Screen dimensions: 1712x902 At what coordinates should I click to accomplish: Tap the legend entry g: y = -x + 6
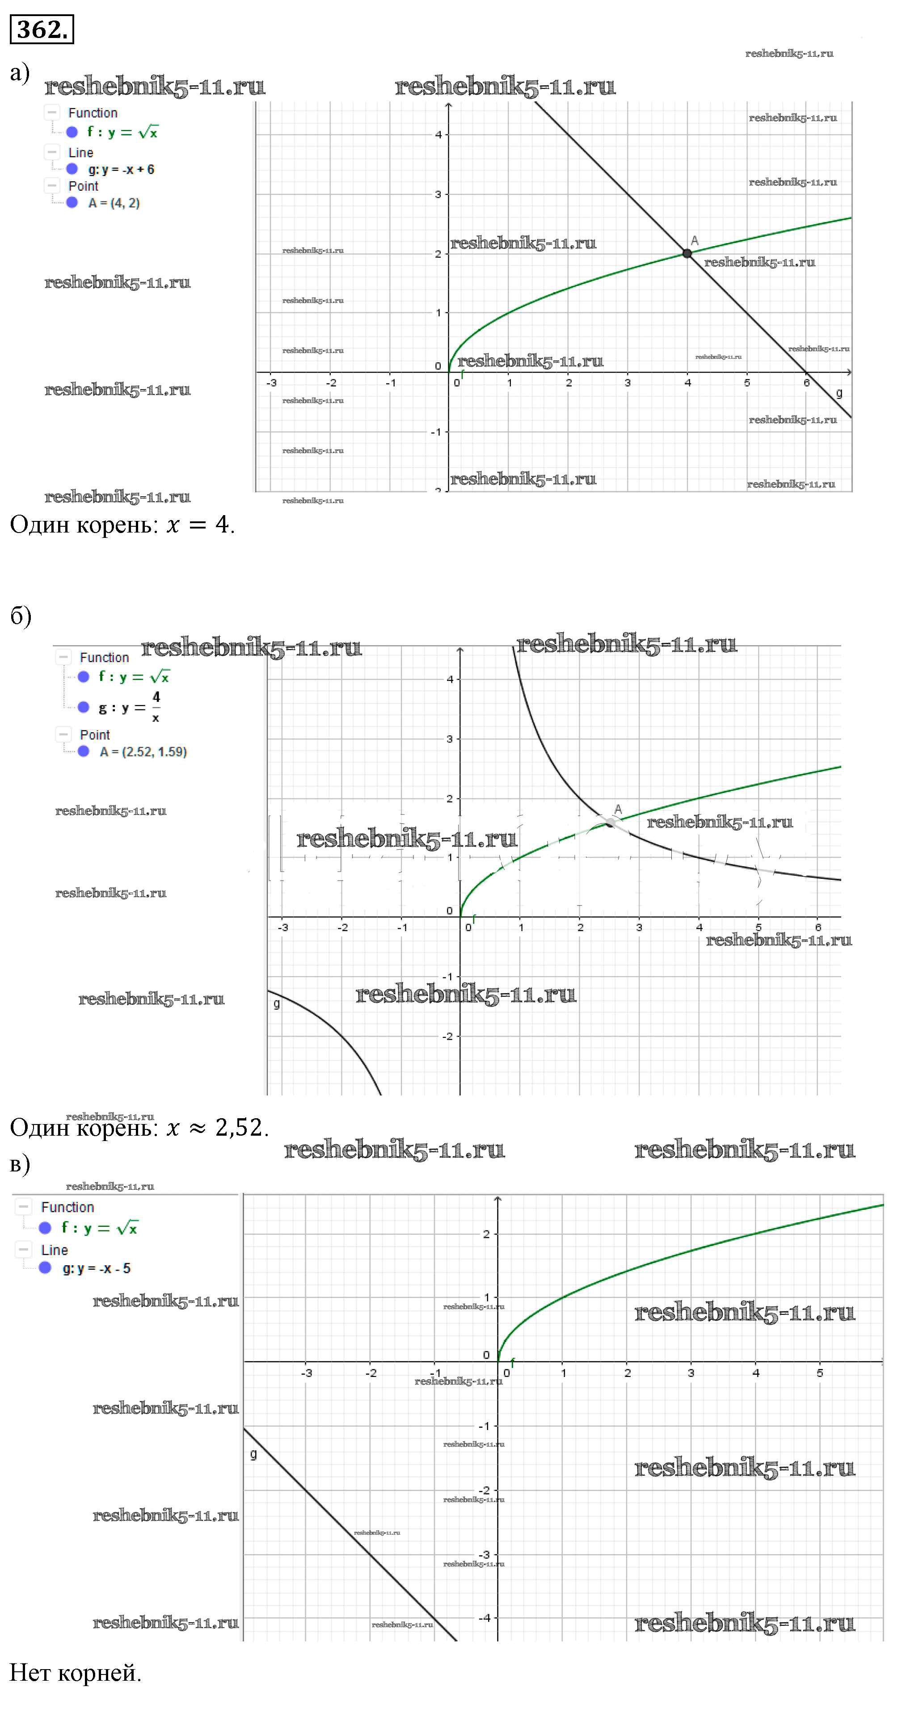pos(121,169)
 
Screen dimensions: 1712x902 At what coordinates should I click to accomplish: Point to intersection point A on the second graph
pos(610,823)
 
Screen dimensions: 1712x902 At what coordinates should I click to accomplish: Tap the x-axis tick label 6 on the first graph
pos(806,383)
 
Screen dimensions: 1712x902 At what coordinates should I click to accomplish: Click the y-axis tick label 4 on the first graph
pos(438,135)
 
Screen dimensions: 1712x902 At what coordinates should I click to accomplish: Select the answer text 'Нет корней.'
pos(75,1673)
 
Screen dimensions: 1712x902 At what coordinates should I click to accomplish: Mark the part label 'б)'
pos(21,616)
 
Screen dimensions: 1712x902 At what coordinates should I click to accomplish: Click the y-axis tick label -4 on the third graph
pos(484,1618)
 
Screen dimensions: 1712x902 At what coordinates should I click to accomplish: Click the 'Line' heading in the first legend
pos(80,153)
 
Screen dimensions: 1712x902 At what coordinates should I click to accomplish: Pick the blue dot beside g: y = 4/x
pos(83,707)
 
